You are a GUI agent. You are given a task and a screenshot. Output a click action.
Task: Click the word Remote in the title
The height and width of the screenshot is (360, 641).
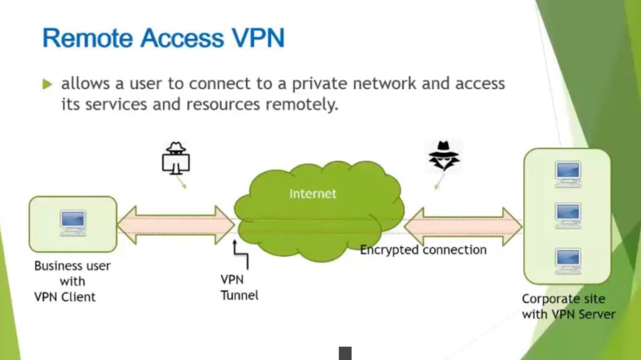[x=88, y=38]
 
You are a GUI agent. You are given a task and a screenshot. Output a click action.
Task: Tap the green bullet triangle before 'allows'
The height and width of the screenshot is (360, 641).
[x=48, y=84]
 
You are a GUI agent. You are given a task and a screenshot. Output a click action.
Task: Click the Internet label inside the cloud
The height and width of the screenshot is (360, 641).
[x=313, y=193]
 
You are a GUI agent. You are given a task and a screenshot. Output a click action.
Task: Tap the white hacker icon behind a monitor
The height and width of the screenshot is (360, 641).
[x=176, y=158]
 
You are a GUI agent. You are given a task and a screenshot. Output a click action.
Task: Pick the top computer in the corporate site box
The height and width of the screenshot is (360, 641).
[x=568, y=173]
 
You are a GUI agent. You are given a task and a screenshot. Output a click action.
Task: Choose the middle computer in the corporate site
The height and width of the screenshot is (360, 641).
[x=568, y=215]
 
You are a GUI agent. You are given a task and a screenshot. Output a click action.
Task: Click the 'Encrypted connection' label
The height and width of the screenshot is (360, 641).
[x=423, y=250]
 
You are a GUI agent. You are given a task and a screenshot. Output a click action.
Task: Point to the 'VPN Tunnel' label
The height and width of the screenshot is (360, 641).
[x=239, y=287]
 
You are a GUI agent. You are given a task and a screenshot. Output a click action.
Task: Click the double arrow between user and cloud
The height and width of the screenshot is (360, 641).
[x=176, y=224]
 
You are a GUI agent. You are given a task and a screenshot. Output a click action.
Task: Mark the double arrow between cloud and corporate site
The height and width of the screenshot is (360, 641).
[x=463, y=225]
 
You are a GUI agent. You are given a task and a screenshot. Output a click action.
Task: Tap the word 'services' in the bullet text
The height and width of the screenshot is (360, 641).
[x=113, y=104]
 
